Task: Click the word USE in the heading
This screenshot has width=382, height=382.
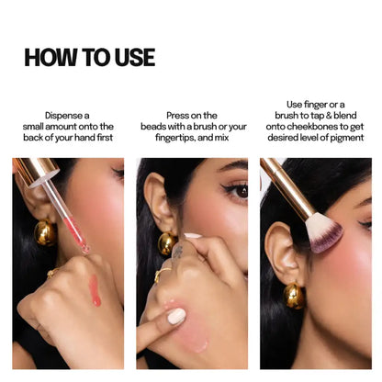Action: [x=130, y=57]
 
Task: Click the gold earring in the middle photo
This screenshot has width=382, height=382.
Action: [x=167, y=242]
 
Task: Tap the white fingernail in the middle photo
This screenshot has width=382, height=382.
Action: [x=176, y=316]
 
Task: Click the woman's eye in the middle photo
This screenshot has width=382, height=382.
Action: [x=236, y=191]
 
